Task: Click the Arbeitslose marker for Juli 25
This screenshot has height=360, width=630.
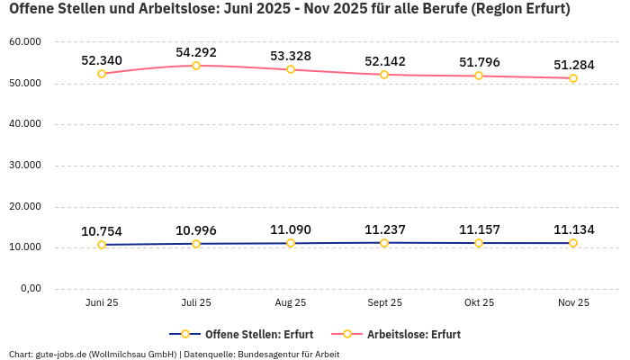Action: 196,66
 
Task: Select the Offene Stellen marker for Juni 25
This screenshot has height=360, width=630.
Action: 102,245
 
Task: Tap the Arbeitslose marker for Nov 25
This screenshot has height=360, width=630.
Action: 573,78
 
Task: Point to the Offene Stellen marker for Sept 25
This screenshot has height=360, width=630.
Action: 384,243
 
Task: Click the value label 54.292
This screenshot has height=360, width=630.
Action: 196,52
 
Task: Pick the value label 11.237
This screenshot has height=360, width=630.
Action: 384,229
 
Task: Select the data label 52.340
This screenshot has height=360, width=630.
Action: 102,60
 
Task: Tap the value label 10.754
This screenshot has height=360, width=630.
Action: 102,231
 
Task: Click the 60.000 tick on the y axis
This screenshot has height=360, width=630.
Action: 25,42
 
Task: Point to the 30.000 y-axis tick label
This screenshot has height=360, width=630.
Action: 25,166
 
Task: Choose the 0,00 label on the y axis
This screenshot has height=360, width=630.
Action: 30,289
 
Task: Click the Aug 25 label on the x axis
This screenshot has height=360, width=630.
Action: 290,303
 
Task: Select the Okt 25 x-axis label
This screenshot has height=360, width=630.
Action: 479,303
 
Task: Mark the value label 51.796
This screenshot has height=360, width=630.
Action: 479,62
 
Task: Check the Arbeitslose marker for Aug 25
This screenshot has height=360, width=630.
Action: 291,69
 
